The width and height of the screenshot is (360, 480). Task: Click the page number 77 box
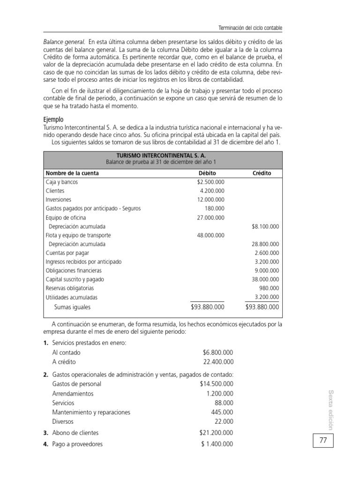point(323,441)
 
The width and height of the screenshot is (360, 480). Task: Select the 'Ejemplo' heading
point(53,120)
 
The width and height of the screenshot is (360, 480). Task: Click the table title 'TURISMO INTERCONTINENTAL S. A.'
point(161,154)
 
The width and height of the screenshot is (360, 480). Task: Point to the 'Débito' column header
point(207,173)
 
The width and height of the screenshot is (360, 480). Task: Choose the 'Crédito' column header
point(262,173)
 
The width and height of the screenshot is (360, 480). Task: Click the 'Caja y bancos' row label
point(62,182)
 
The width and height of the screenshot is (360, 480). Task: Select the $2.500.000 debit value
point(210,182)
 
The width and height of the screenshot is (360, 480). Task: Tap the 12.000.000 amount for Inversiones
point(210,200)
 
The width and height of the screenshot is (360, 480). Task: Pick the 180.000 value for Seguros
point(215,209)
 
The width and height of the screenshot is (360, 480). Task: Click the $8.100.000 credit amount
point(265,226)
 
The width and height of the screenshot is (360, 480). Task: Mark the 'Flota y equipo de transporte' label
point(78,235)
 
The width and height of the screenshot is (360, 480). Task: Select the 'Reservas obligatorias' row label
point(70,288)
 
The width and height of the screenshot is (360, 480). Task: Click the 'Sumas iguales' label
point(72,307)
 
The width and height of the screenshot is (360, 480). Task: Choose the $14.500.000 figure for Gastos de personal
point(216,384)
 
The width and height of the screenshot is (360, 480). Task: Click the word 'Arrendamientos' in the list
point(73,393)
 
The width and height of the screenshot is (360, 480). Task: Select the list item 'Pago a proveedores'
point(77,444)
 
